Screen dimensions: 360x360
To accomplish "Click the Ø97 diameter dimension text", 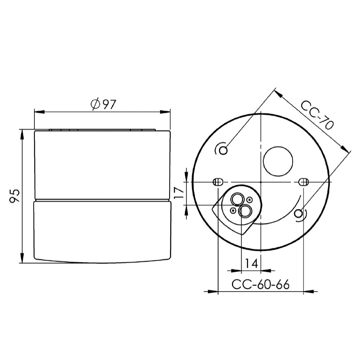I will (103, 105).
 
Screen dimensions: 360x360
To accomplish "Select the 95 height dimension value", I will (14, 196).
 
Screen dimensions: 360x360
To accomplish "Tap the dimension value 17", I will (178, 192).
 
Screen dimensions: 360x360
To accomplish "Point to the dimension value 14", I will (251, 264).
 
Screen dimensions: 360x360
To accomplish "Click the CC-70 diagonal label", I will (317, 115).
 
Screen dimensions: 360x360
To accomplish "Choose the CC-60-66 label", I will (261, 285).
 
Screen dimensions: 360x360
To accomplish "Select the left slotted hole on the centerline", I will (218, 182).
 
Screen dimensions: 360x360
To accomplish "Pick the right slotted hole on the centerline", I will (304, 182).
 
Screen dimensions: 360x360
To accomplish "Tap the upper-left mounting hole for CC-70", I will (223, 150).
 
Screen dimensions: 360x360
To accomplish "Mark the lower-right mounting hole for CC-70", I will (299, 213).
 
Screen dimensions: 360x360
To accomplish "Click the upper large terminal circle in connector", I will (236, 200).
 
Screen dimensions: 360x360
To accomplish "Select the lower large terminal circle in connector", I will (245, 211).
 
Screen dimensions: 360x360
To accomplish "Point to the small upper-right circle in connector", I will (250, 200).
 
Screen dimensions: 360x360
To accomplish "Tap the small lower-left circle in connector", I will (233, 210).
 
